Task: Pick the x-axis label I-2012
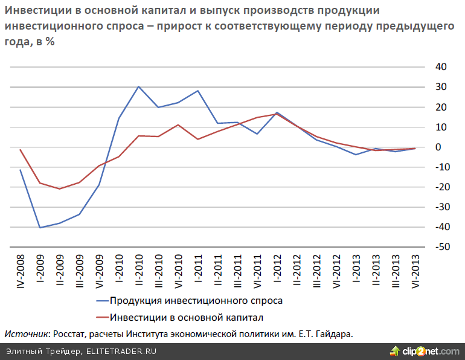tap(276, 269)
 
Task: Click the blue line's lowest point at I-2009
tap(40, 228)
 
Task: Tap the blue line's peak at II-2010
tap(139, 86)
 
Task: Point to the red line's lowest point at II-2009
tap(60, 189)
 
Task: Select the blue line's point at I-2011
tap(198, 91)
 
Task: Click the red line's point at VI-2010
tap(178, 125)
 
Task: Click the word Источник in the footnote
tap(27, 333)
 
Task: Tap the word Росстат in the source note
tap(72, 333)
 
